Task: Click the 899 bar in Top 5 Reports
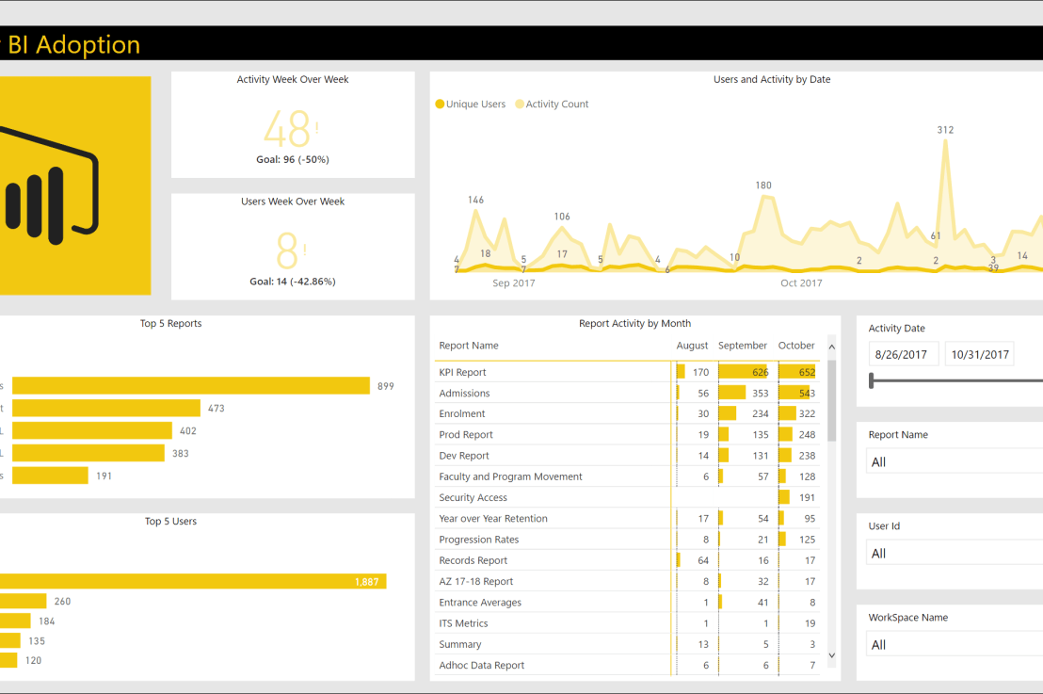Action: pyautogui.click(x=188, y=386)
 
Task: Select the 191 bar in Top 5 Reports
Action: pyautogui.click(x=47, y=476)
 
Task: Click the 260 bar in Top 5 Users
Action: pyautogui.click(x=23, y=601)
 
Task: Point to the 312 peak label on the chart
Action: pyautogui.click(x=945, y=130)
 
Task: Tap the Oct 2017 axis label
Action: pyautogui.click(x=801, y=282)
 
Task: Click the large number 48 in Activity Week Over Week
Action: pyautogui.click(x=287, y=129)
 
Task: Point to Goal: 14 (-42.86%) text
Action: pyautogui.click(x=293, y=282)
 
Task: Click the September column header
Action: pyautogui.click(x=743, y=346)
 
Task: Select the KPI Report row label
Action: pyautogui.click(x=462, y=372)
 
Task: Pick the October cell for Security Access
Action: pyautogui.click(x=797, y=497)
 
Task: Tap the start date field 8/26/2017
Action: pyautogui.click(x=901, y=355)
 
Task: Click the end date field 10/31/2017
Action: pyautogui.click(x=979, y=355)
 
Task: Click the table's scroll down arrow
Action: pyautogui.click(x=831, y=654)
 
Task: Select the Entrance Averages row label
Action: pyautogui.click(x=479, y=603)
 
